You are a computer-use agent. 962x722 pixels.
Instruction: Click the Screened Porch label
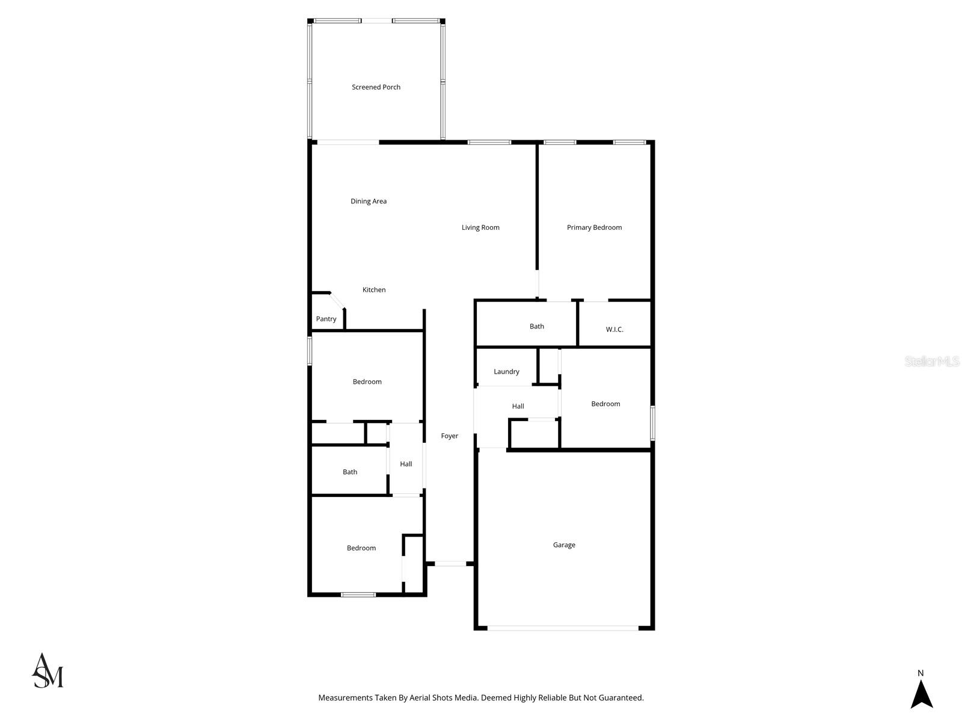pyautogui.click(x=376, y=87)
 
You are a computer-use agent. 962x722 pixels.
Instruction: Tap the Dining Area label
pyautogui.click(x=369, y=202)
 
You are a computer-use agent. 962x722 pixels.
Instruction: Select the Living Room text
pyautogui.click(x=480, y=227)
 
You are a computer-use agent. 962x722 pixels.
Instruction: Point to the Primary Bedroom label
pyautogui.click(x=594, y=227)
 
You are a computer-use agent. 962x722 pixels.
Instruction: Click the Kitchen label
pyautogui.click(x=374, y=290)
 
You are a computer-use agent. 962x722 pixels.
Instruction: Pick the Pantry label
pyautogui.click(x=326, y=319)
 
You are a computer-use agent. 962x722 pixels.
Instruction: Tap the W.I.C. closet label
pyautogui.click(x=614, y=330)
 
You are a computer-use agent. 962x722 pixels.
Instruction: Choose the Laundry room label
pyautogui.click(x=506, y=372)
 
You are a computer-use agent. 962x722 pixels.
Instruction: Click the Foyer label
pyautogui.click(x=450, y=436)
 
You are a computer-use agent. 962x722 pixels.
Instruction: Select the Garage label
pyautogui.click(x=564, y=545)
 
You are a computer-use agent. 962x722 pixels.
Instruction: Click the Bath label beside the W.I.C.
pyautogui.click(x=537, y=327)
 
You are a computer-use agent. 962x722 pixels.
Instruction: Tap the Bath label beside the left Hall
pyautogui.click(x=350, y=472)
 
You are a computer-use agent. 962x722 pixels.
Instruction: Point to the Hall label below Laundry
pyautogui.click(x=518, y=407)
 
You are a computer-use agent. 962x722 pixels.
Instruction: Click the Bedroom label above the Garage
pyautogui.click(x=605, y=404)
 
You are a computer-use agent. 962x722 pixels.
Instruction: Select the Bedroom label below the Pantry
pyautogui.click(x=367, y=382)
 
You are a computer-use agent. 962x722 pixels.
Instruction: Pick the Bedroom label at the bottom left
pyautogui.click(x=361, y=548)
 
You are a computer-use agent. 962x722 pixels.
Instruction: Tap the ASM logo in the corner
pyautogui.click(x=47, y=671)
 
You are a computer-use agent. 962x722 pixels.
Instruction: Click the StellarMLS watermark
pyautogui.click(x=933, y=362)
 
